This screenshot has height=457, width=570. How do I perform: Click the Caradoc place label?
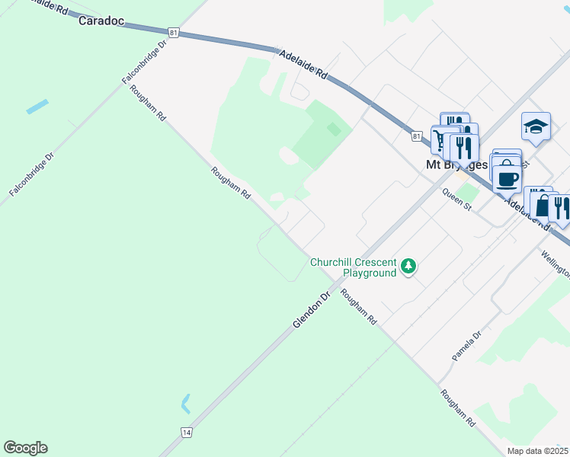pyautogui.click(x=101, y=21)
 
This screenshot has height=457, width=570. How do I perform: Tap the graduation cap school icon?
pyautogui.click(x=536, y=126)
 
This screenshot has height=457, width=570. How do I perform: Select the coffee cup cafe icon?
pyautogui.click(x=507, y=178)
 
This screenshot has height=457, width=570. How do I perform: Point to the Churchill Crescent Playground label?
pyautogui.click(x=353, y=267)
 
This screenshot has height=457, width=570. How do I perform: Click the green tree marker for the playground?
pyautogui.click(x=410, y=266)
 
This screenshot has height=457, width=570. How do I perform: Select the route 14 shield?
pyautogui.click(x=186, y=432)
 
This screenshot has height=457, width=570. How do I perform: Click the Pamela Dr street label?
pyautogui.click(x=466, y=346)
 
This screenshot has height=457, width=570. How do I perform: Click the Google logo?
pyautogui.click(x=25, y=447)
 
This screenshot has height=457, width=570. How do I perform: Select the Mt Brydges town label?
pyautogui.click(x=456, y=164)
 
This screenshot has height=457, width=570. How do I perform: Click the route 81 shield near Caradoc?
pyautogui.click(x=175, y=32)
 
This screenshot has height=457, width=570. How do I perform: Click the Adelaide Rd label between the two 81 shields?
pyautogui.click(x=303, y=65)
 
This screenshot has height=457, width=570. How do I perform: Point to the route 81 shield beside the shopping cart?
pyautogui.click(x=415, y=136)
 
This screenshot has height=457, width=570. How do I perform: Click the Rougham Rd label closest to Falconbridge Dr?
pyautogui.click(x=148, y=103)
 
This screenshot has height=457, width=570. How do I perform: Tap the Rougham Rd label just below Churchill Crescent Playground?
pyautogui.click(x=358, y=308)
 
